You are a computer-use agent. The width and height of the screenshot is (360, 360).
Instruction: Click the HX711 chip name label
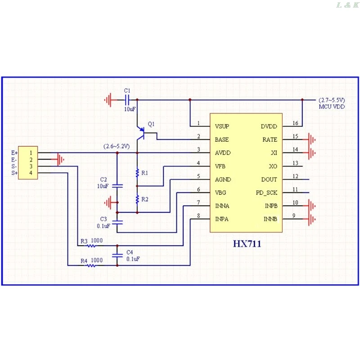pyautogui.click(x=247, y=244)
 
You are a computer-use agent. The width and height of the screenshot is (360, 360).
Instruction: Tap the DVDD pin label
pyautogui.click(x=269, y=126)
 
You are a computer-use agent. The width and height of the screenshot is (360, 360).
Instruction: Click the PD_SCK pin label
pyautogui.click(x=266, y=193)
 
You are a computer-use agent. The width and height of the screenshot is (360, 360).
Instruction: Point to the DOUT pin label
pyautogui.click(x=269, y=180)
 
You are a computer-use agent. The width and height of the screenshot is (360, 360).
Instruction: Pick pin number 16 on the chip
pyautogui.click(x=295, y=123)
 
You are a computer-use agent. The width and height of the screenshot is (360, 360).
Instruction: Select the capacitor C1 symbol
pyautogui.click(x=127, y=99)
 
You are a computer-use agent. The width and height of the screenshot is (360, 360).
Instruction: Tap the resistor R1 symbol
pyautogui.click(x=137, y=173)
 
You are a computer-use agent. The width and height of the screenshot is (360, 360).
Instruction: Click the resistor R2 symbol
pyautogui.click(x=137, y=199)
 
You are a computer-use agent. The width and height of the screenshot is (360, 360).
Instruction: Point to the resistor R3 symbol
pyautogui.click(x=91, y=246)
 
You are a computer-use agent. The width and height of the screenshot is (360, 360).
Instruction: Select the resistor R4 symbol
pyautogui.click(x=91, y=265)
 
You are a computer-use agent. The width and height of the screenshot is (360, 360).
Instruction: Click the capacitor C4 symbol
pyautogui.click(x=117, y=255)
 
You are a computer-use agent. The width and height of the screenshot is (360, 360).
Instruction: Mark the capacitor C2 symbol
pyautogui.click(x=117, y=185)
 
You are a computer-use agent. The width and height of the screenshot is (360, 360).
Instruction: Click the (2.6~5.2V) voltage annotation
pyautogui.click(x=117, y=146)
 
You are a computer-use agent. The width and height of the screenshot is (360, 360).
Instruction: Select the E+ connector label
pyautogui.click(x=14, y=153)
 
